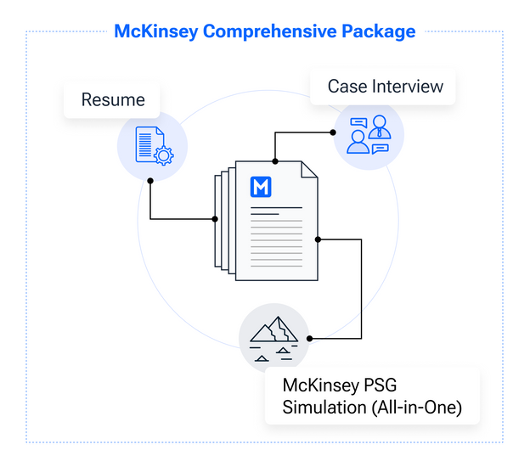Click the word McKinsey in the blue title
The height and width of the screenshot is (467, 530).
pos(156,31)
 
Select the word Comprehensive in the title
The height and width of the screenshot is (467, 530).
pos(270,31)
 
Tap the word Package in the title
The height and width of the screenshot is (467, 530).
pos(379,32)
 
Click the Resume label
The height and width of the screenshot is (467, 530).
pos(113,99)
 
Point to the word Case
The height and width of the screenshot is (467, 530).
pos(347,86)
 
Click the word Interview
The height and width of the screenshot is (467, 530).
pos(408,86)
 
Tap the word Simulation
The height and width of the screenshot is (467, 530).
pos(324,408)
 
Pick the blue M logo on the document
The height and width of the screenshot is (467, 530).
pos(261,186)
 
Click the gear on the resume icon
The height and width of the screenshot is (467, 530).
pos(164,155)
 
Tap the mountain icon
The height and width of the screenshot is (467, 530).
pos(273,339)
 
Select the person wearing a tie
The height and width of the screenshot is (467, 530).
pos(380,127)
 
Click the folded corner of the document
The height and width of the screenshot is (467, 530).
pos(309,169)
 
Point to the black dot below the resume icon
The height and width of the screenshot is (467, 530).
pos(150,181)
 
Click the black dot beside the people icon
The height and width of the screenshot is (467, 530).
pos(333,132)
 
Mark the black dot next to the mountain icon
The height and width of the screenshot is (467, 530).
pos(310,338)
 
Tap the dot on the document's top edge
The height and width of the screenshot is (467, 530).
pos(275,161)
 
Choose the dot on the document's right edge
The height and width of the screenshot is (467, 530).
pos(318,239)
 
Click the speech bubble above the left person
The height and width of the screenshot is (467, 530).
pos(358,122)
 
